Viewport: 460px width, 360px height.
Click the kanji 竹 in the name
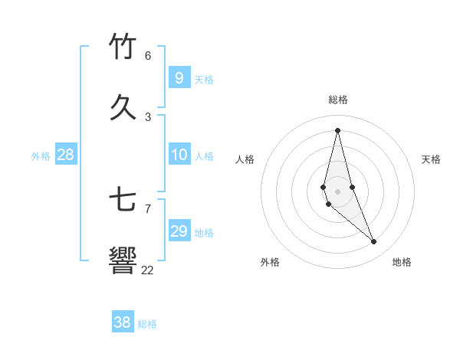pos(123,47)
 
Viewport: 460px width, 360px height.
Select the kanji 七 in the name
pos(123,200)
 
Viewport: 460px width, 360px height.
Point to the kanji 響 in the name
pos(123,260)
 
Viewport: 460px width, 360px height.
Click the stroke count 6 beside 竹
pos(148,56)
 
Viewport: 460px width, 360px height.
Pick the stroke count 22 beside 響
pos(147,270)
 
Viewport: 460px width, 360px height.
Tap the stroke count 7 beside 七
pos(148,208)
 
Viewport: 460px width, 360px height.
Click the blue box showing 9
pos(179,78)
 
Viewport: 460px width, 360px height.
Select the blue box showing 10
pos(179,155)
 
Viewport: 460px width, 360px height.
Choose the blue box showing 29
pos(179,231)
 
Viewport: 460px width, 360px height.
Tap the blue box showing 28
pos(66,155)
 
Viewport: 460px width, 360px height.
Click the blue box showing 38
pos(122,322)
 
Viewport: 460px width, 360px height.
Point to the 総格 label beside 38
pos(147,324)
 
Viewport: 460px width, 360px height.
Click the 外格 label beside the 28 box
pos(41,156)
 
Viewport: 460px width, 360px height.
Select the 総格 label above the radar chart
pos(338,100)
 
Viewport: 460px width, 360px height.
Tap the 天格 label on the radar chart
pos(431,159)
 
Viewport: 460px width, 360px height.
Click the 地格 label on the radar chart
pos(402,262)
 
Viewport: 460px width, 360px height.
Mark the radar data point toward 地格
pos(374,241)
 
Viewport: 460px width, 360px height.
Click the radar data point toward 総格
pos(337,129)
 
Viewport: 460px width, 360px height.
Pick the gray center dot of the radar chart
pos(337,191)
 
